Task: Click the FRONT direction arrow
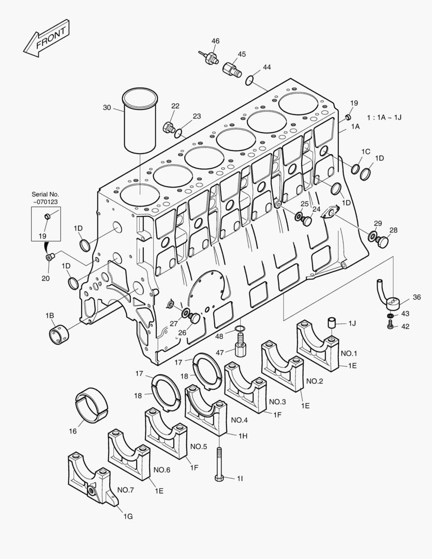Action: [x=47, y=38]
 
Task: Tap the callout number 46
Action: [x=215, y=41]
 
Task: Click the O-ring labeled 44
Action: [x=250, y=80]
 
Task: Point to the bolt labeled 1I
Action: [x=219, y=464]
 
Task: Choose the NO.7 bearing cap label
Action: [x=126, y=490]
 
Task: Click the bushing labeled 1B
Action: [x=59, y=333]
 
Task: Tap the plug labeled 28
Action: [x=382, y=242]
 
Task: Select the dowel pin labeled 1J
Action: [x=332, y=322]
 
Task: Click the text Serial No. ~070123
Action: [x=45, y=198]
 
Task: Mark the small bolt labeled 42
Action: [x=390, y=325]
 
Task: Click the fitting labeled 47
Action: [x=241, y=345]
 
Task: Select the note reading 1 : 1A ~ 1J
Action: [x=384, y=117]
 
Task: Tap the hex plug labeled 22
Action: [x=169, y=127]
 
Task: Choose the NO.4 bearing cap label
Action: [x=239, y=420]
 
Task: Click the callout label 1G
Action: [x=128, y=516]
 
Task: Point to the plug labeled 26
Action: [x=195, y=318]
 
